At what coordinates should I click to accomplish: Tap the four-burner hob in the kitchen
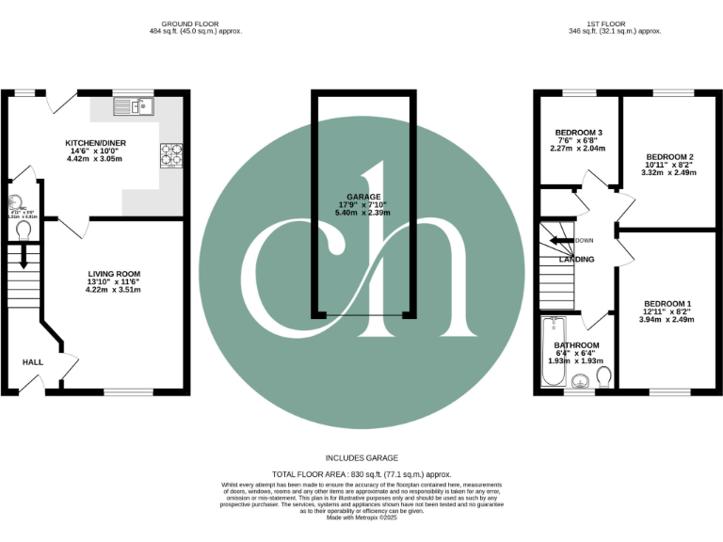[172, 153]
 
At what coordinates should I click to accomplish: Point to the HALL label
[33, 361]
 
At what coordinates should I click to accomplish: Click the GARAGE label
[362, 198]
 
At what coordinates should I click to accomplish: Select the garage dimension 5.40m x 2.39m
[362, 213]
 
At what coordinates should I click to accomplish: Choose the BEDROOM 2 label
[669, 156]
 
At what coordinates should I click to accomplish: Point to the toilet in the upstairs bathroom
[604, 375]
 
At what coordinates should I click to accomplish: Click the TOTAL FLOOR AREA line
[361, 474]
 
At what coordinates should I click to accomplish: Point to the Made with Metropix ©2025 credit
[361, 518]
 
